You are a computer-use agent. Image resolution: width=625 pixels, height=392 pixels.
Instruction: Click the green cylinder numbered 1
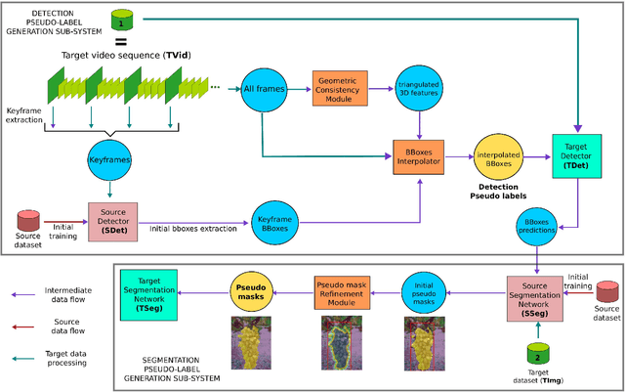121,20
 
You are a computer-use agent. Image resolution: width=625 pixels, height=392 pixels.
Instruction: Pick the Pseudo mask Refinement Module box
342,290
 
